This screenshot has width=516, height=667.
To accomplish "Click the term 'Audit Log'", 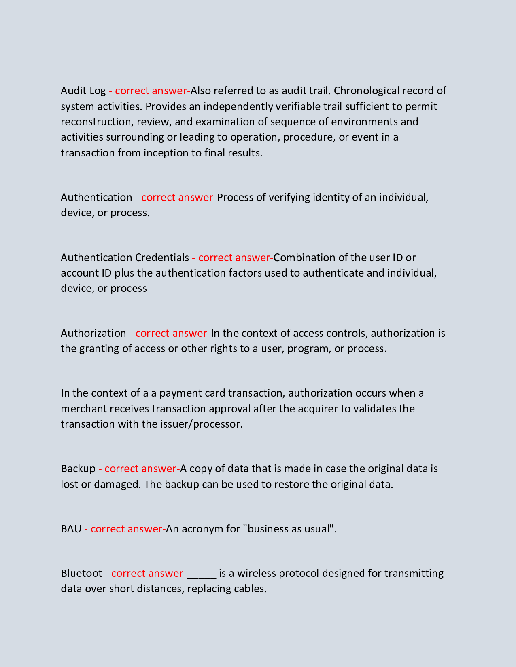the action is (x=83, y=91).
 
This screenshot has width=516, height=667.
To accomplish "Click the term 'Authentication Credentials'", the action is (x=125, y=258).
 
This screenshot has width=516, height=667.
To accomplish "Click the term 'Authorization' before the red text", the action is (x=93, y=333).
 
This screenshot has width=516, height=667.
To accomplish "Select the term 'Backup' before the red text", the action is (x=78, y=469).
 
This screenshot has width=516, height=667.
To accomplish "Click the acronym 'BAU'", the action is (x=71, y=529).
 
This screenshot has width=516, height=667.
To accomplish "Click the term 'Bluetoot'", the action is (x=81, y=573).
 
